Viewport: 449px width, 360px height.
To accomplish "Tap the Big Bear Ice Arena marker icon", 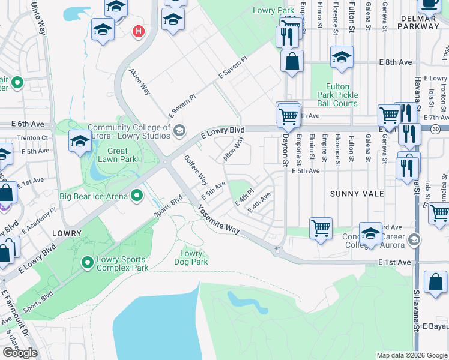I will click(137, 195).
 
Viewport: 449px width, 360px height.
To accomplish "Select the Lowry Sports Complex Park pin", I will click(88, 262).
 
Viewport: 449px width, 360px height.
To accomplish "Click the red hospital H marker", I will click(139, 31).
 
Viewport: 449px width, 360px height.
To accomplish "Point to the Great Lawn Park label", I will click(118, 155).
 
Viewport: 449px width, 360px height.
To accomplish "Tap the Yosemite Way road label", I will click(219, 221).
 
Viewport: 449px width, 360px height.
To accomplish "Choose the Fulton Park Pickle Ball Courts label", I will click(337, 95).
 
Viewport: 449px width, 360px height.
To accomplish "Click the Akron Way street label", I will click(140, 81).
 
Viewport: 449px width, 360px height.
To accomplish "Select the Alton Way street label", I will click(233, 149).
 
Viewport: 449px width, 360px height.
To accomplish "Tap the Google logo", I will click(20, 352).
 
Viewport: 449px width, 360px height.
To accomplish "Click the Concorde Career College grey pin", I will click(413, 240).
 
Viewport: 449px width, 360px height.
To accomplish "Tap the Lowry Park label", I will click(273, 11).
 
